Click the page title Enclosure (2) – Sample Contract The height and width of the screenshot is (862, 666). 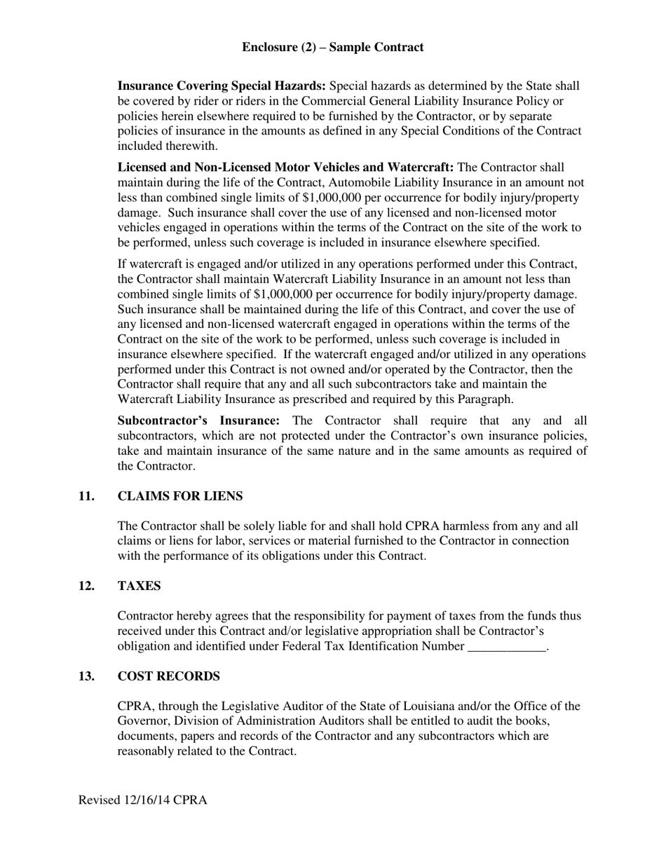click(x=332, y=48)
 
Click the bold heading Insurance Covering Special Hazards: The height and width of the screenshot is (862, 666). click(x=221, y=86)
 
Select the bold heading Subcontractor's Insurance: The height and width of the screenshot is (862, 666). click(x=198, y=420)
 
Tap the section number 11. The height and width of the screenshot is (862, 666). click(x=86, y=496)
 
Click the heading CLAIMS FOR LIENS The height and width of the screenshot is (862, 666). click(x=180, y=496)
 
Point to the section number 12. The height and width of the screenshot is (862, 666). click(x=86, y=586)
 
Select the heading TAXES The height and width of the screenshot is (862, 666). click(x=139, y=586)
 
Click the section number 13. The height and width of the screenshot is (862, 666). click(x=86, y=676)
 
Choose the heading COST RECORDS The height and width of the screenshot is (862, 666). click(x=168, y=676)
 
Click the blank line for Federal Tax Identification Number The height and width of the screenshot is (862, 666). click(x=505, y=647)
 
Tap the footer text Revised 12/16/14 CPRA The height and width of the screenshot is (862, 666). click(x=142, y=800)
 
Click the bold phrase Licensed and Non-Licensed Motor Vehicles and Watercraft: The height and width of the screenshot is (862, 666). click(x=285, y=167)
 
